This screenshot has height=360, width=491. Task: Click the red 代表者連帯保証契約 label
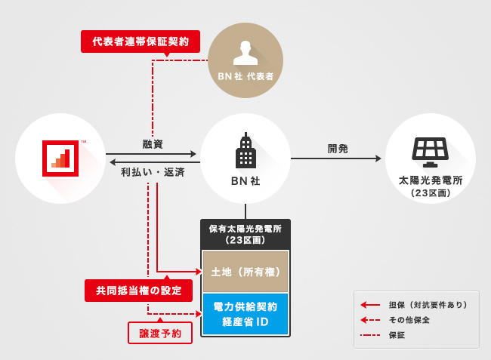pyautogui.click(x=141, y=41)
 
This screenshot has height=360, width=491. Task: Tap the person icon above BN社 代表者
pyautogui.click(x=245, y=51)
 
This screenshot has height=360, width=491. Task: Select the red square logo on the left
pyautogui.click(x=63, y=157)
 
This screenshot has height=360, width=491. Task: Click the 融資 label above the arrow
pyautogui.click(x=153, y=143)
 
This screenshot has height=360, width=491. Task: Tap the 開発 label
pyautogui.click(x=338, y=149)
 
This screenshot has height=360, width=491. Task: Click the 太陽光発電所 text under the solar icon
pyautogui.click(x=429, y=181)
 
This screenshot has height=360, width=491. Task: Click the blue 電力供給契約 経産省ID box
pyautogui.click(x=246, y=314)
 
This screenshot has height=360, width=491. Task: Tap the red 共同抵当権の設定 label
pyautogui.click(x=138, y=291)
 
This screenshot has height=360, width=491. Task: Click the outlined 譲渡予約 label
pyautogui.click(x=160, y=333)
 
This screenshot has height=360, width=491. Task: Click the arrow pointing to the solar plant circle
pyautogui.click(x=337, y=158)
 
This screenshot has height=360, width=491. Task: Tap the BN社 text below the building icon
pyautogui.click(x=245, y=181)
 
